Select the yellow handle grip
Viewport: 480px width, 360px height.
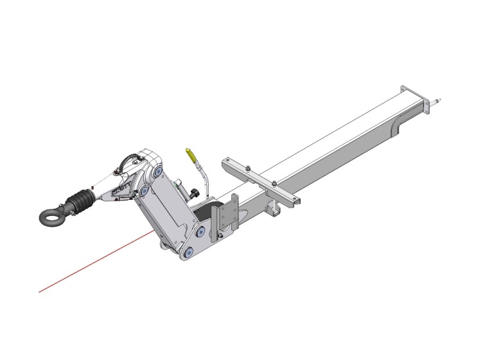click(x=190, y=154)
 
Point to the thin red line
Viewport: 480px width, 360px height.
click(x=96, y=263)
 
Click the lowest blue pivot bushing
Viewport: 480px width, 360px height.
click(x=188, y=253)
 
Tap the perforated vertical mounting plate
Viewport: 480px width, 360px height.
click(x=229, y=216)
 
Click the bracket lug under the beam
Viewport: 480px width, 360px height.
click(x=276, y=209)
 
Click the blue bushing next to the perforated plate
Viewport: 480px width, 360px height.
click(x=202, y=230)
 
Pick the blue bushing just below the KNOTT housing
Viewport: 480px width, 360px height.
click(x=145, y=191)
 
